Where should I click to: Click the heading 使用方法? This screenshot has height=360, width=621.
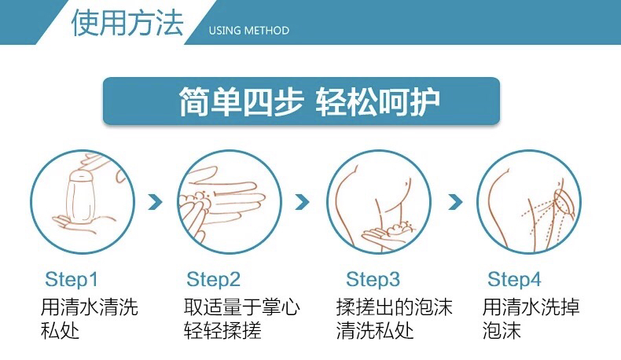click(127, 22)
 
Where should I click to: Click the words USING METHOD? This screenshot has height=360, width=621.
click(248, 31)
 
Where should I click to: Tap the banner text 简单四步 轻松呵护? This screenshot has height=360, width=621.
click(309, 101)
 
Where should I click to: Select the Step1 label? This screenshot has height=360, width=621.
click(72, 279)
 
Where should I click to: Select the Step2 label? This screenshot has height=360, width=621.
click(214, 279)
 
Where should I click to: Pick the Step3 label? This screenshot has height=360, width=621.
click(373, 279)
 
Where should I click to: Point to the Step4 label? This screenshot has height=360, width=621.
click(513, 279)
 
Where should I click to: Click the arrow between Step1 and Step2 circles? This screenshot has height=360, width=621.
click(155, 202)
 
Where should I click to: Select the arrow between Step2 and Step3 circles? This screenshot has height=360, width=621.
click(302, 202)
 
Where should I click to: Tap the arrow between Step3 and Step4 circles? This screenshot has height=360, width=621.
click(455, 202)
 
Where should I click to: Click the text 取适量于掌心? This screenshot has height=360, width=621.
click(241, 307)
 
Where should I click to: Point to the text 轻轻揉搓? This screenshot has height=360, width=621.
click(222, 330)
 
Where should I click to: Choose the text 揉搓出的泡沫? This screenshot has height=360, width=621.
click(394, 307)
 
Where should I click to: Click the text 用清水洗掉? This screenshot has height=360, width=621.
click(531, 307)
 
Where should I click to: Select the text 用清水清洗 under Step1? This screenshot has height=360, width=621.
click(89, 307)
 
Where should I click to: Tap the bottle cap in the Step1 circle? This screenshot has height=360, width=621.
click(81, 175)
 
